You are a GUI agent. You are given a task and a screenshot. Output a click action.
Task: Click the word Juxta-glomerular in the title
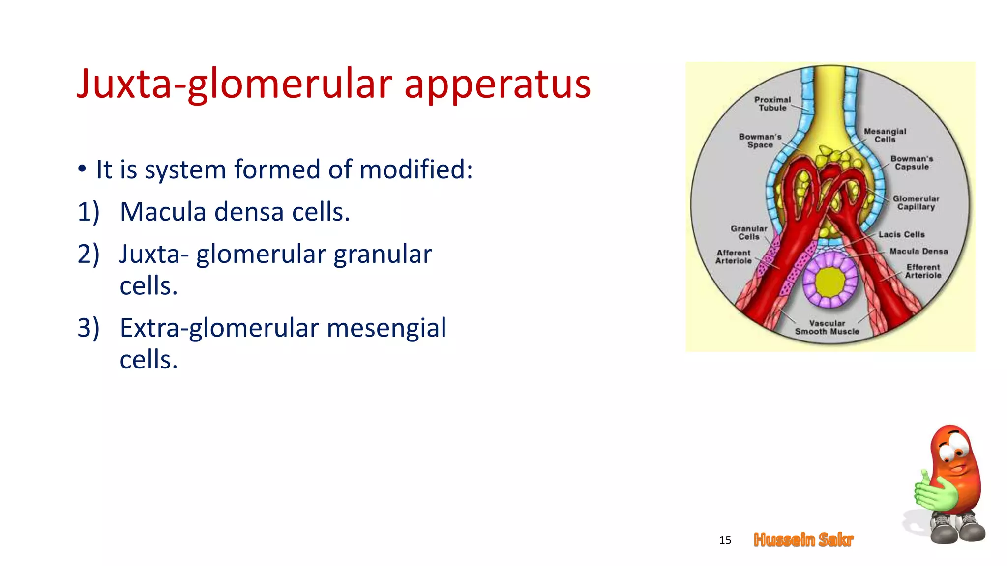pos(235,85)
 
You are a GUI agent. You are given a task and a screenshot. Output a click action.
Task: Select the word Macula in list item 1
pos(163,212)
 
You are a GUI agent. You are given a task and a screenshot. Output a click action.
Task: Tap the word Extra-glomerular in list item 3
pos(219,328)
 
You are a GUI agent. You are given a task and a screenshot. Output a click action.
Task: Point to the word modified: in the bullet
pos(415,170)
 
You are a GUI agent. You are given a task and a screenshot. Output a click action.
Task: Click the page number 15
pos(725,540)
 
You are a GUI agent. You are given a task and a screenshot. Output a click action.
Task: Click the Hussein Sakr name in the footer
pos(803,540)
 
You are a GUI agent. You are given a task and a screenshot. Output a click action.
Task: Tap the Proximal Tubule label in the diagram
pos(772,104)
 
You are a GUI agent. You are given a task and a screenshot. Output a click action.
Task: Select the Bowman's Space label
pos(760,141)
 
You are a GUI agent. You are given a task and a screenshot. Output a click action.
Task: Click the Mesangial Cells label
pos(885,135)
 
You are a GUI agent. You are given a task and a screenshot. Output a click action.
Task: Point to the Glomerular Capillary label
pos(916,202)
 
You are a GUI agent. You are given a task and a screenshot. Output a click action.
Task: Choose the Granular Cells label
pos(748,232)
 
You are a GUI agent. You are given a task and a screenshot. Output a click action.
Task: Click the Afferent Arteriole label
pos(733,256)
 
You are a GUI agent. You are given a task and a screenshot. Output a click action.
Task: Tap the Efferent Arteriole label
pos(923,271)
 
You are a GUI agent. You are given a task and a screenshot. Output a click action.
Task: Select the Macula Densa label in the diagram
pos(918,251)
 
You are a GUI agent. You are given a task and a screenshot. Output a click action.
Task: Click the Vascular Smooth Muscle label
pos(827,327)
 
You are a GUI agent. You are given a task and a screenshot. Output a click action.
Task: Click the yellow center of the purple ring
pos(830,282)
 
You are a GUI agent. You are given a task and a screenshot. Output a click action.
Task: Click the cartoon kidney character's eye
pos(956,450)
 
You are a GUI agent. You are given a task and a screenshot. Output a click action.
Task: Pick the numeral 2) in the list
pos(89,255)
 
